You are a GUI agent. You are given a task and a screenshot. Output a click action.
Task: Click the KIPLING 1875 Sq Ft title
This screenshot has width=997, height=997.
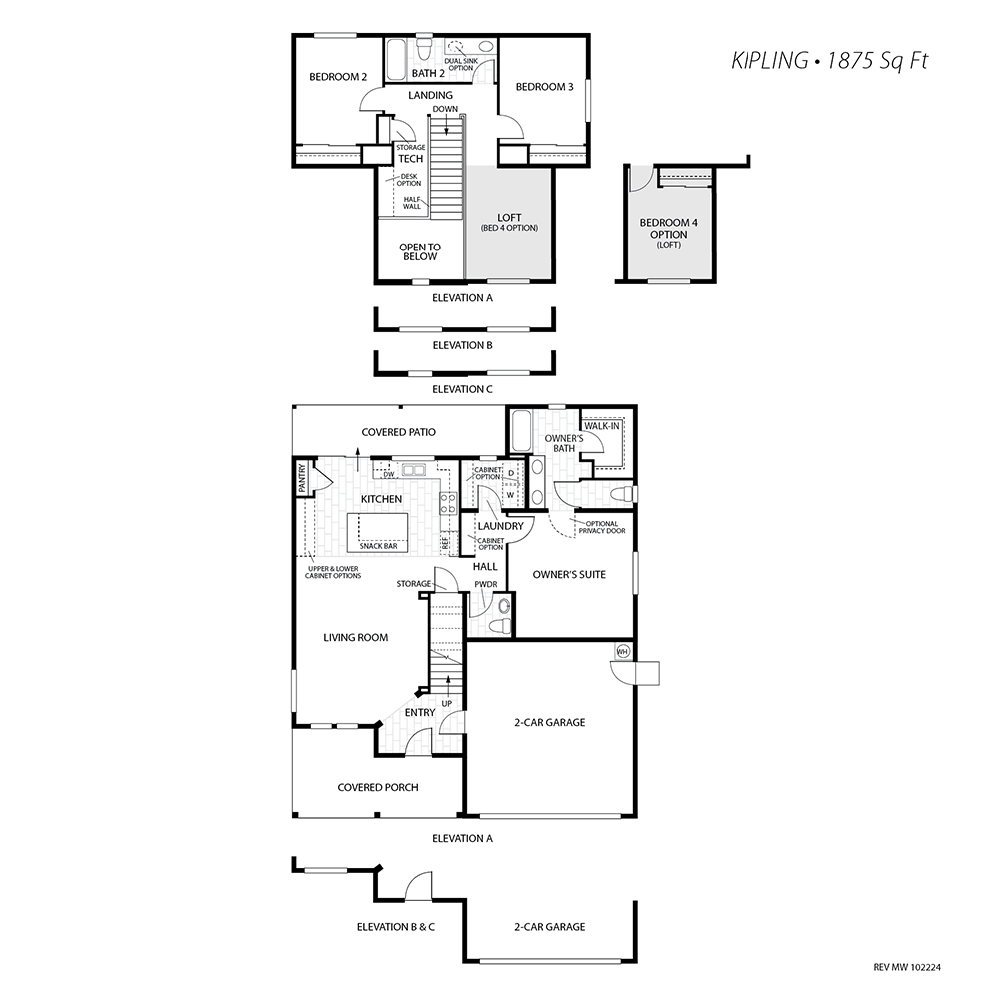point(829,61)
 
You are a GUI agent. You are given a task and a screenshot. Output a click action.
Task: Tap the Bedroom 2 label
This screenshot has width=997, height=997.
point(338,77)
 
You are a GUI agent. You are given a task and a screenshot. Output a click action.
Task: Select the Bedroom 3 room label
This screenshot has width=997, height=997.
point(544,87)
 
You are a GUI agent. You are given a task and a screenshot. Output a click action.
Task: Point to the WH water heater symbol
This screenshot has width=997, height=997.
point(623,651)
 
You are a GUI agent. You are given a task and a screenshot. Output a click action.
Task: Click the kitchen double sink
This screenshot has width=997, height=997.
point(411,470)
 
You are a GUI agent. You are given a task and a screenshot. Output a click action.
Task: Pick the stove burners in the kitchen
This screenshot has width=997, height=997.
point(448,503)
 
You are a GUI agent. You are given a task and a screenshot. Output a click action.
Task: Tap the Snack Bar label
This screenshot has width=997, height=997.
point(378,546)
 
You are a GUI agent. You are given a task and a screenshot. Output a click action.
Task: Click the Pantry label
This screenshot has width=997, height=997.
point(302,477)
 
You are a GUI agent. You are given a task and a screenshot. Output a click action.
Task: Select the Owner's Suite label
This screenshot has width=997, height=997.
point(569,574)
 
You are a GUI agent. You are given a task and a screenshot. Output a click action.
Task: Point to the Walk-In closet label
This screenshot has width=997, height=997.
point(602,426)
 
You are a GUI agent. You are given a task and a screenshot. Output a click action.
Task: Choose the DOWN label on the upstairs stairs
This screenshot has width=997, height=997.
point(445,109)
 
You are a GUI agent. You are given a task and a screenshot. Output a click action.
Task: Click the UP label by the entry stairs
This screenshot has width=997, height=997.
point(447,704)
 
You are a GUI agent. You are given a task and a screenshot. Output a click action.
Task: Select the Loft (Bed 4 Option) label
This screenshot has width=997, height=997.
point(509,222)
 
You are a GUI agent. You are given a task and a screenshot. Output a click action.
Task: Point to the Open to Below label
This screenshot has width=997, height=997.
point(419,251)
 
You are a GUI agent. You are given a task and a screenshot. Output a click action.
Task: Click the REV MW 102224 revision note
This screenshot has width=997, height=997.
point(907,968)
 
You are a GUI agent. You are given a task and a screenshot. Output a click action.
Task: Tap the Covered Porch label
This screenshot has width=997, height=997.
point(378,787)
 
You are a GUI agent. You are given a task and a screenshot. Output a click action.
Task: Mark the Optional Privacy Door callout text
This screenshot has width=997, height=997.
point(602,527)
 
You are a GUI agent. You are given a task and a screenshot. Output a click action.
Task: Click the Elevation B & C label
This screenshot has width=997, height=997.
point(396,927)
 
